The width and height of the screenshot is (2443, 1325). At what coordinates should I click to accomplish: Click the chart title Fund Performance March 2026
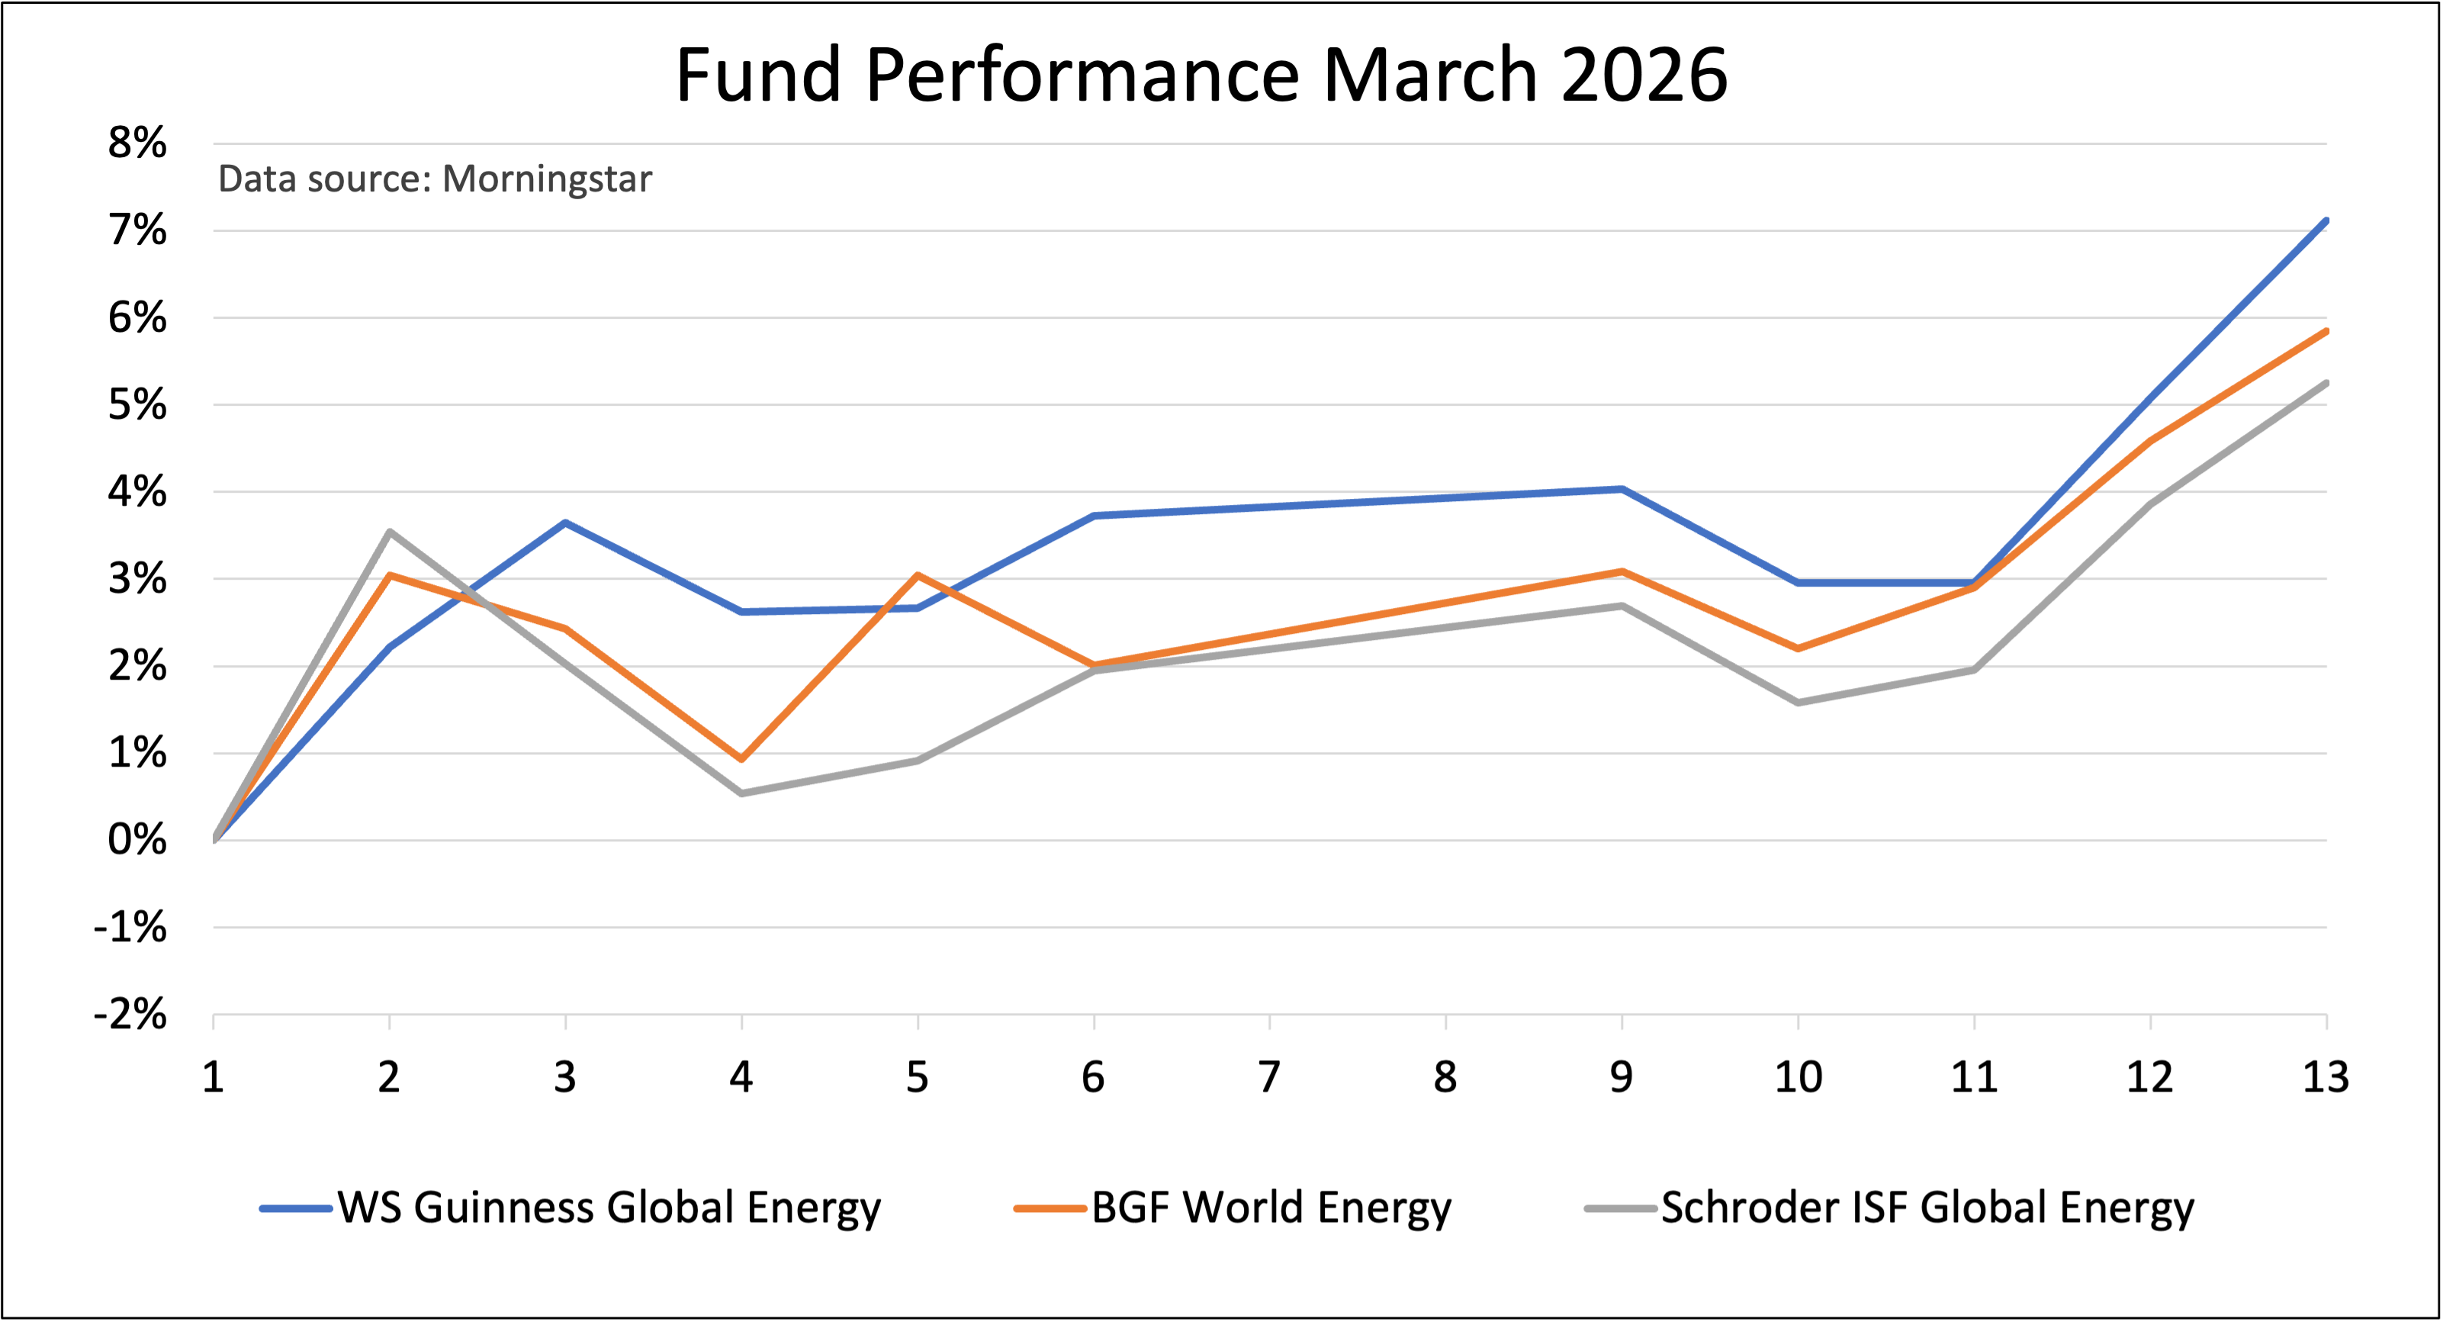tap(1201, 76)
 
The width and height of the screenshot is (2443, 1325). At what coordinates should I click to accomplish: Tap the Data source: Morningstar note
tap(434, 179)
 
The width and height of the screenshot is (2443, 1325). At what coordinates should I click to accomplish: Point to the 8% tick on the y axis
tap(137, 144)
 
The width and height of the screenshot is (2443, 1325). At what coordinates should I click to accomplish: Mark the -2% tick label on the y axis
tap(131, 1015)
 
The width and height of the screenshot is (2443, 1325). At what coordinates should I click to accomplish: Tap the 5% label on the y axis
tap(137, 405)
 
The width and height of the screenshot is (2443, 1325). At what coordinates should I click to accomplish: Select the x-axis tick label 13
tap(2326, 1077)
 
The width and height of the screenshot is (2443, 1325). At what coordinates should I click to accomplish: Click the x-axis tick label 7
tap(1269, 1077)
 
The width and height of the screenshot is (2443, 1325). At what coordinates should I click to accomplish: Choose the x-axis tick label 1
tap(214, 1077)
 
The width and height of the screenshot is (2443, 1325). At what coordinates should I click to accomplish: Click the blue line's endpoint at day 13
tap(2326, 221)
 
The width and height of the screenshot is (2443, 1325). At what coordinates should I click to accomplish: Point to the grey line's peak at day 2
tap(390, 532)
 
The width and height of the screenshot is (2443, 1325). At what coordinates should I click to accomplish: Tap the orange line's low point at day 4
tap(741, 759)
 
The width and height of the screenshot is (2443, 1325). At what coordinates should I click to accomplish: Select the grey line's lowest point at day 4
tap(741, 793)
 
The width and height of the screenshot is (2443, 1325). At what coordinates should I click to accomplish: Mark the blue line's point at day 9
tap(1622, 490)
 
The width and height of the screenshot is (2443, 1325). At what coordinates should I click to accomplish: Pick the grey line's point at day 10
tap(1798, 703)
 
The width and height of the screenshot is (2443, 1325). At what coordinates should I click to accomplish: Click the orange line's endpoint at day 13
tap(2326, 331)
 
